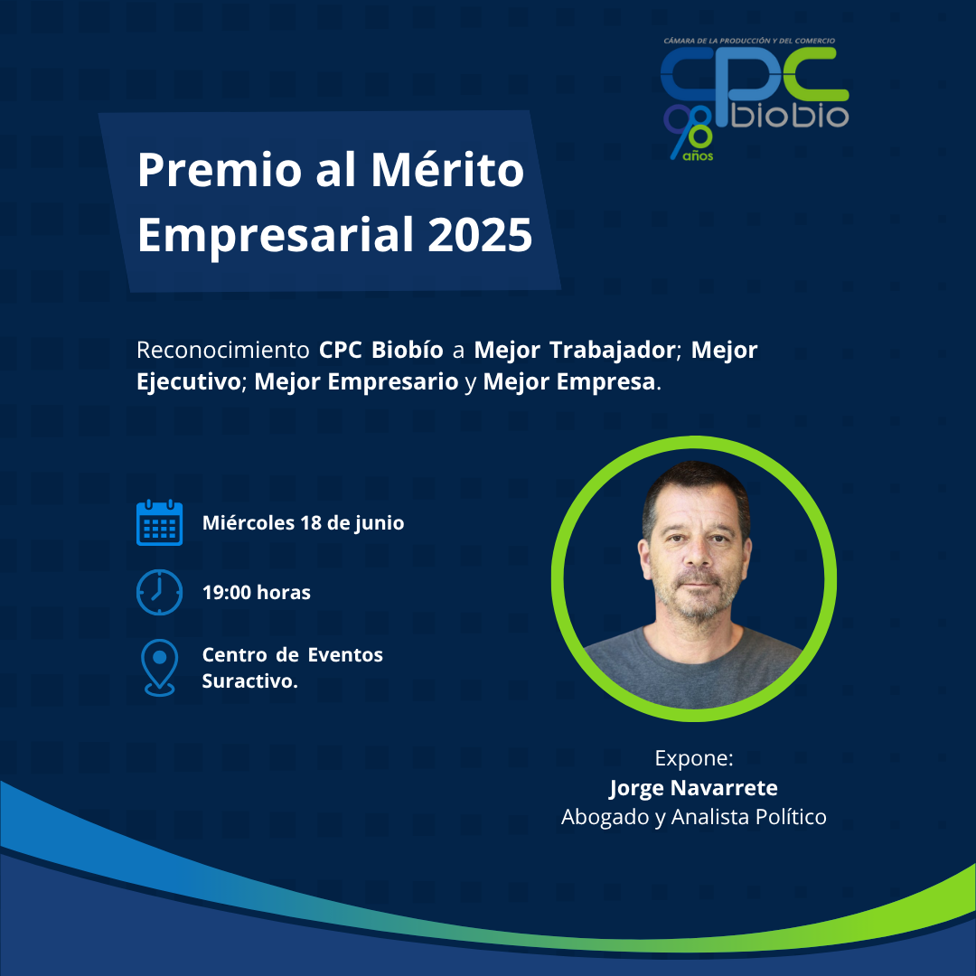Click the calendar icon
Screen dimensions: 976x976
(x=159, y=522)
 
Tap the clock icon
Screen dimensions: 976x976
(x=159, y=592)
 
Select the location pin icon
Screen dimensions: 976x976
(x=159, y=667)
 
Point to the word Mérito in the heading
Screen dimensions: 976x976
(x=447, y=169)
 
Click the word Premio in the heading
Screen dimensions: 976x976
(x=220, y=169)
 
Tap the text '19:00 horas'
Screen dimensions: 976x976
(x=257, y=592)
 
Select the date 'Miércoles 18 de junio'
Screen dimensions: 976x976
(x=303, y=523)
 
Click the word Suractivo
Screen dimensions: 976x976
(x=249, y=681)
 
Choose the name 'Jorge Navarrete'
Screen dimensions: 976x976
(x=693, y=788)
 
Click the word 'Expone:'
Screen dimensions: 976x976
(x=694, y=759)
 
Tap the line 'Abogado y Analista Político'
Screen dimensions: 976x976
(x=694, y=817)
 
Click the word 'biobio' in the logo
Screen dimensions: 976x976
(x=789, y=115)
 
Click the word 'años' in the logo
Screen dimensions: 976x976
(x=698, y=155)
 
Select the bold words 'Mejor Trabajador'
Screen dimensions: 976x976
(x=574, y=350)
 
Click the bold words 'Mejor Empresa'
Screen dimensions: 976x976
(x=569, y=381)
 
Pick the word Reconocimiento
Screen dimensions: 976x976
(x=223, y=350)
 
